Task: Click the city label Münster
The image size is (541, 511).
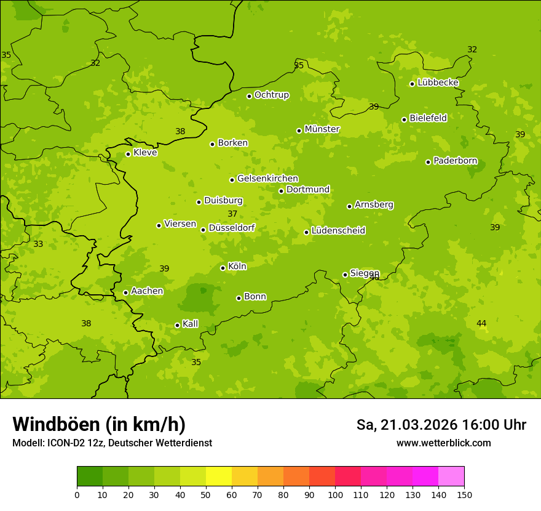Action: (x=322, y=129)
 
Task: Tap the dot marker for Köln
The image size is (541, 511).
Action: (x=223, y=268)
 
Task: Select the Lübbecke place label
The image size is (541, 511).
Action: (x=438, y=82)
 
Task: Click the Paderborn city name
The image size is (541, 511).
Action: (x=455, y=161)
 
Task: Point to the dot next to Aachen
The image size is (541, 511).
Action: (x=125, y=292)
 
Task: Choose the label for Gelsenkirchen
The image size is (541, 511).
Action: (x=267, y=179)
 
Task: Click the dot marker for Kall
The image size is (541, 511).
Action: (x=177, y=325)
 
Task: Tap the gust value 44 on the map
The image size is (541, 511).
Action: (x=481, y=323)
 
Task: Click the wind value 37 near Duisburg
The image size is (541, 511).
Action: (x=232, y=214)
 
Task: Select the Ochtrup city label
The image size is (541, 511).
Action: (x=271, y=95)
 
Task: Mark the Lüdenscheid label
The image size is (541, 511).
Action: (x=338, y=231)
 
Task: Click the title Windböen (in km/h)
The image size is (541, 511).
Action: (x=99, y=424)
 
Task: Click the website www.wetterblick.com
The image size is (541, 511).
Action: (x=443, y=443)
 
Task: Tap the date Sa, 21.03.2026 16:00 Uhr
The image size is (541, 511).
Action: (x=441, y=425)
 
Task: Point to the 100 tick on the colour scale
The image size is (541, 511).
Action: (x=335, y=494)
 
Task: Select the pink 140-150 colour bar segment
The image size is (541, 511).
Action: (x=451, y=477)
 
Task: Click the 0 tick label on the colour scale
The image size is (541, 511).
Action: (x=77, y=494)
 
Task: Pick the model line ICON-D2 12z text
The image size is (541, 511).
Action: (x=112, y=443)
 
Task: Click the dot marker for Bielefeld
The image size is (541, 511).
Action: (x=404, y=119)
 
